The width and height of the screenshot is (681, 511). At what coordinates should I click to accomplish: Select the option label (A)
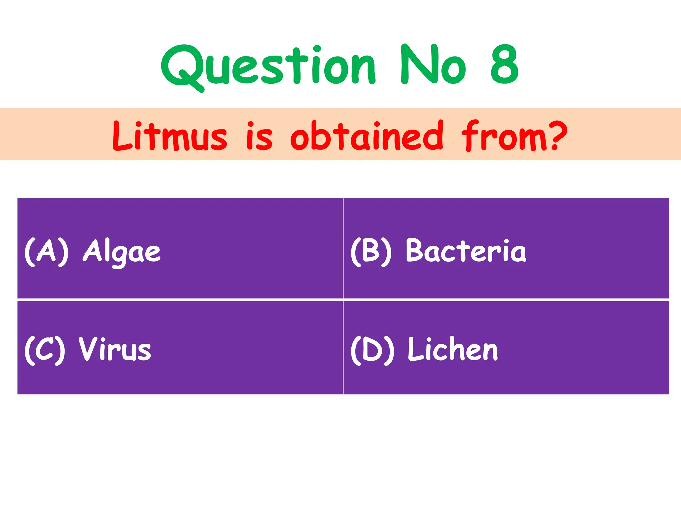[x=47, y=252]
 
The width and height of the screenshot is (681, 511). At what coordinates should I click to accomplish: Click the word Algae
[x=122, y=252]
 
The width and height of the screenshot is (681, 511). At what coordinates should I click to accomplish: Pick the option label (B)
[x=371, y=252]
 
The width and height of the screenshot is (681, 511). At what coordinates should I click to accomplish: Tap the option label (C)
[x=45, y=350]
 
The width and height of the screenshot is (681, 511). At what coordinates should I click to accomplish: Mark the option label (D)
[x=372, y=350]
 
